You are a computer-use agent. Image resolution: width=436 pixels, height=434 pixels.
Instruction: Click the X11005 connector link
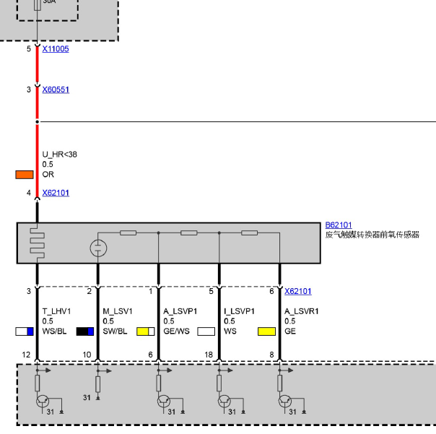pos(56,49)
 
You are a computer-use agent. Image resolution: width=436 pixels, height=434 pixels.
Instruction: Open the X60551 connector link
pos(56,90)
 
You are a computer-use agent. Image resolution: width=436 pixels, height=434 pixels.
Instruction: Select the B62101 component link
pos(339,225)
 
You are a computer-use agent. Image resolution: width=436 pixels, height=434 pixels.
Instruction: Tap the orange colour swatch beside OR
pos(25,175)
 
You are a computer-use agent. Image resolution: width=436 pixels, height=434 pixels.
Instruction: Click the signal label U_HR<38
pos(59,155)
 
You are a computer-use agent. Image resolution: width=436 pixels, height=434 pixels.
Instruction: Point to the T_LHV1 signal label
pos(56,311)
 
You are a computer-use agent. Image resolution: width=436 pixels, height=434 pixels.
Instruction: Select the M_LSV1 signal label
pos(118,311)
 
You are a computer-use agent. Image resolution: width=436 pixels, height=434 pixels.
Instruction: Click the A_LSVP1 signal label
pos(180,311)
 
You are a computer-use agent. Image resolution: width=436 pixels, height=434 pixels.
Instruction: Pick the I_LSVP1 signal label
pos(239,311)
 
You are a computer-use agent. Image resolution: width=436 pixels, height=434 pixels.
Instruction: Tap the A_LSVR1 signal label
pos(302,311)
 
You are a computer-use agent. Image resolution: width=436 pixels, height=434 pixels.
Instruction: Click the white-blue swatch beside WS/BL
pos(25,331)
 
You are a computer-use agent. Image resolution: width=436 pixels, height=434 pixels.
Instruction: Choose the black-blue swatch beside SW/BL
pos(85,331)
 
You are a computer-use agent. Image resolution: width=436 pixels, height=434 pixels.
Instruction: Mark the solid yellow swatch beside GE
pos(266,331)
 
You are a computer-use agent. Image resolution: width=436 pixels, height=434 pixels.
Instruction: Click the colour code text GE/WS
pos(176,331)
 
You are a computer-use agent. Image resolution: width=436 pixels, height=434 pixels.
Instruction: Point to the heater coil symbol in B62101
pos(38,243)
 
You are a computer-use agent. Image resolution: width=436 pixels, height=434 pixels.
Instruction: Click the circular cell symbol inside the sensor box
pos(98,248)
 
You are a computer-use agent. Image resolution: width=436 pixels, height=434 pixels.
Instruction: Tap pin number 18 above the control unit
pos(209,355)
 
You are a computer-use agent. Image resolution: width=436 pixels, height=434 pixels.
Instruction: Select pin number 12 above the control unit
pos(26,355)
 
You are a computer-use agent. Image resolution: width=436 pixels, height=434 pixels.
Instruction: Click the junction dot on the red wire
pos(38,121)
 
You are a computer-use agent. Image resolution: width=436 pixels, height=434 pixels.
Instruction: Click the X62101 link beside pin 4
pos(56,193)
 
